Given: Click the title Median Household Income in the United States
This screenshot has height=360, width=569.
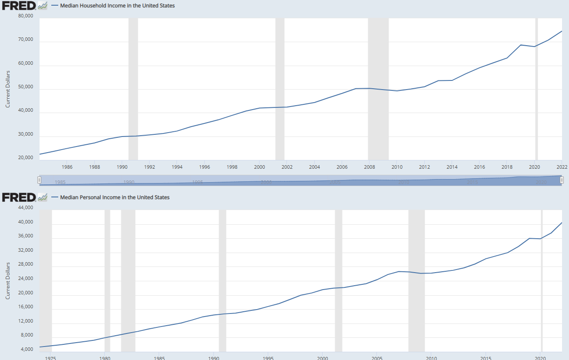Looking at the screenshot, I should [x=117, y=6].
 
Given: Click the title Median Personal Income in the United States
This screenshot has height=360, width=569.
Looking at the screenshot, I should [x=115, y=197].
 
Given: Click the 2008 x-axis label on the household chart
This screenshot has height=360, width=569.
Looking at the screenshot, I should [x=369, y=167].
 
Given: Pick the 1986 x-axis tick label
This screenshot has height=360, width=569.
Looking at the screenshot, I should [x=67, y=167].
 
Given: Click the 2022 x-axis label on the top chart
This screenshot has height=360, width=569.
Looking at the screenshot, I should [x=561, y=167].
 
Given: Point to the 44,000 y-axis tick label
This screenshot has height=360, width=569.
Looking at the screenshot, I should [x=25, y=208].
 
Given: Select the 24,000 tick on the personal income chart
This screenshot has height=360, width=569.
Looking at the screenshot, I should [x=25, y=279].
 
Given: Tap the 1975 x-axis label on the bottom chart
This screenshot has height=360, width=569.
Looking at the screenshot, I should [x=50, y=358].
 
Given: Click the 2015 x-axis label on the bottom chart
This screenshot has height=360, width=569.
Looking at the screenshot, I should [x=486, y=358].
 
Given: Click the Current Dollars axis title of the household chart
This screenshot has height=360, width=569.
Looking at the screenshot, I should [x=7, y=89].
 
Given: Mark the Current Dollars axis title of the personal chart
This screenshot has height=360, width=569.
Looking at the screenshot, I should [x=7, y=280].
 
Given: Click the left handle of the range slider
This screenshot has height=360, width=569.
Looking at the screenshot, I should [x=39, y=180].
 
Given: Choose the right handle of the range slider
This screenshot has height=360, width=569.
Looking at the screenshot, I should [x=562, y=180].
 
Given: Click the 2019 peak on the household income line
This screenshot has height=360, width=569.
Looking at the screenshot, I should [x=521, y=45].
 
